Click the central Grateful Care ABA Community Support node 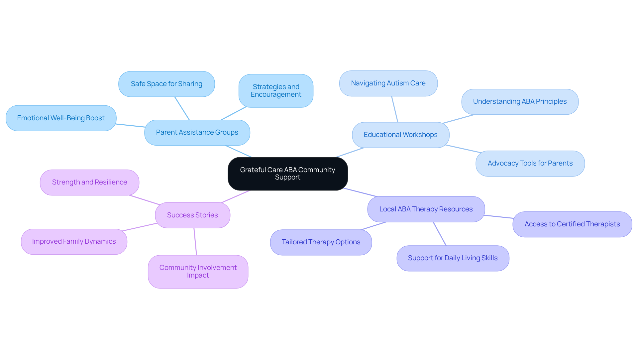pyautogui.click(x=288, y=174)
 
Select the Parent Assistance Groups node pyautogui.click(x=197, y=132)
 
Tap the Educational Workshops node pyautogui.click(x=400, y=135)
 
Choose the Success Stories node pyautogui.click(x=192, y=215)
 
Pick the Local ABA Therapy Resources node pyautogui.click(x=426, y=209)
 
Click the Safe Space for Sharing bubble pyautogui.click(x=166, y=84)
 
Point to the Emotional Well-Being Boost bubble pyautogui.click(x=61, y=118)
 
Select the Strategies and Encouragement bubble pyautogui.click(x=276, y=90)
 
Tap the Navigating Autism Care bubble pyautogui.click(x=388, y=83)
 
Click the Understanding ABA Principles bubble pyautogui.click(x=520, y=101)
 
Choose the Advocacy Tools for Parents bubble pyautogui.click(x=530, y=163)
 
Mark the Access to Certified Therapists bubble pyautogui.click(x=572, y=224)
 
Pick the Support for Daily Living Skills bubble pyautogui.click(x=453, y=258)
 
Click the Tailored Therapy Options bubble pyautogui.click(x=321, y=242)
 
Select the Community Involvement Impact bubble pyautogui.click(x=198, y=271)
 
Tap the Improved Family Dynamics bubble pyautogui.click(x=74, y=241)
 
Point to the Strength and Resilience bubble pyautogui.click(x=89, y=182)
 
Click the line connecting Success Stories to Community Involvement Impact pyautogui.click(x=195, y=242)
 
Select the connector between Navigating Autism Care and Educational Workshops pyautogui.click(x=395, y=109)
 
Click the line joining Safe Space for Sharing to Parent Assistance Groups pyautogui.click(x=182, y=108)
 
